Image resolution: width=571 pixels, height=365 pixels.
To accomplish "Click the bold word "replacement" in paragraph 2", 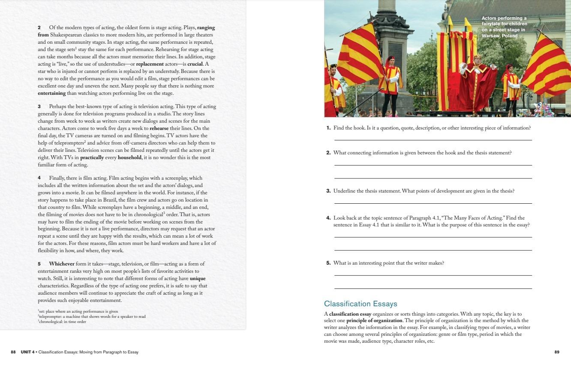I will (150, 64).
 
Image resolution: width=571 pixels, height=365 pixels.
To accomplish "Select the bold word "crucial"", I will (195, 64).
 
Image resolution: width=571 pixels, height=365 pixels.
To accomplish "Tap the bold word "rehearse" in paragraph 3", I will (159, 128).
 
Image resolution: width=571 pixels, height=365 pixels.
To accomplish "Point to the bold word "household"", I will (129, 157).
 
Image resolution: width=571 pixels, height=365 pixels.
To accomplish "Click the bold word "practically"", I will (92, 157).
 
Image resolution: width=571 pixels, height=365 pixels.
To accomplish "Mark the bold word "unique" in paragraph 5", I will (198, 278).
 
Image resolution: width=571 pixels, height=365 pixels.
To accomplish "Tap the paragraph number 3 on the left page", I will (39, 106).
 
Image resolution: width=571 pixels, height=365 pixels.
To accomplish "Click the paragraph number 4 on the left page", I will (39, 178).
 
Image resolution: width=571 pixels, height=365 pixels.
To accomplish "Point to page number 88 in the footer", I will (13, 352).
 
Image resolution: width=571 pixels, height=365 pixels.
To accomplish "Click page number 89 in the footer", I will (557, 352).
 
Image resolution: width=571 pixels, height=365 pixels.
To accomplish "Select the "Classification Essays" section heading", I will (361, 304).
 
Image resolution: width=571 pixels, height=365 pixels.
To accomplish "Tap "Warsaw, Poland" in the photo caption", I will (499, 36).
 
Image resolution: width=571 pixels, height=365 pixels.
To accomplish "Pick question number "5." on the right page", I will (328, 263).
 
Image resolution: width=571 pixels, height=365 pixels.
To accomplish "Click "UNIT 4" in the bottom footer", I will (27, 352).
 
